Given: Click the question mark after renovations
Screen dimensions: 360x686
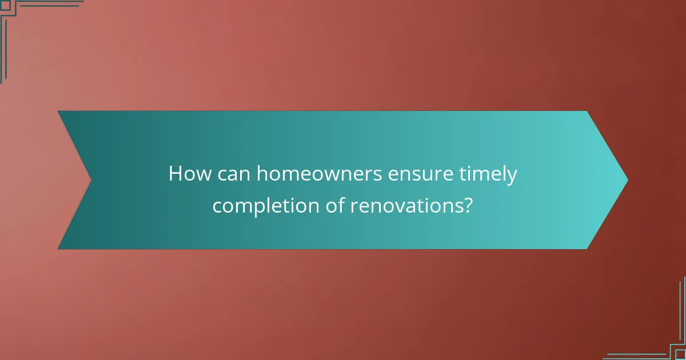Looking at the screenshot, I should tap(468, 205).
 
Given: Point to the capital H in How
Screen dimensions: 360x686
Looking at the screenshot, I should tap(175, 174).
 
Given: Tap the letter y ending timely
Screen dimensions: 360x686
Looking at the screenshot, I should tap(512, 177).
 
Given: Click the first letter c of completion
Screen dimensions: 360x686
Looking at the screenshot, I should tap(217, 206).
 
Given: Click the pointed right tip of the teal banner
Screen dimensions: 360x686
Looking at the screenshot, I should tap(627, 180).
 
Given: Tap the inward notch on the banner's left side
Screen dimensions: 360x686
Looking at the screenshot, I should tap(91, 180).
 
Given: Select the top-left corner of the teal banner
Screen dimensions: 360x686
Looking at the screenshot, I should tap(58, 111).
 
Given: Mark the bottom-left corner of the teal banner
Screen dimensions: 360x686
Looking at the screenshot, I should tap(58, 249).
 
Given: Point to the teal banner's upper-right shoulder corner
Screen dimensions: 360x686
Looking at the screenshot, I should tap(587, 111).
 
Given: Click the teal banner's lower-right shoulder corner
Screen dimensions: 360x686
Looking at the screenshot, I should tap(587, 249).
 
